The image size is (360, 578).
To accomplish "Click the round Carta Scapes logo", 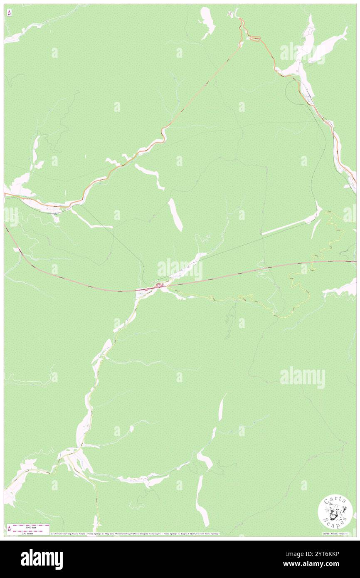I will click(x=335, y=513).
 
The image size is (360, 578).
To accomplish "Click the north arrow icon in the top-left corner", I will click(x=9, y=13).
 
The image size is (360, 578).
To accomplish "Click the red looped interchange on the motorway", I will click(x=159, y=286).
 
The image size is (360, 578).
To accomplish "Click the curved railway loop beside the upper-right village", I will click(x=291, y=87).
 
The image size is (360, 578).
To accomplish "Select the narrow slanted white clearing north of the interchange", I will click(x=175, y=214).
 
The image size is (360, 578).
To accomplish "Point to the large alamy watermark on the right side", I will click(x=302, y=378).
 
